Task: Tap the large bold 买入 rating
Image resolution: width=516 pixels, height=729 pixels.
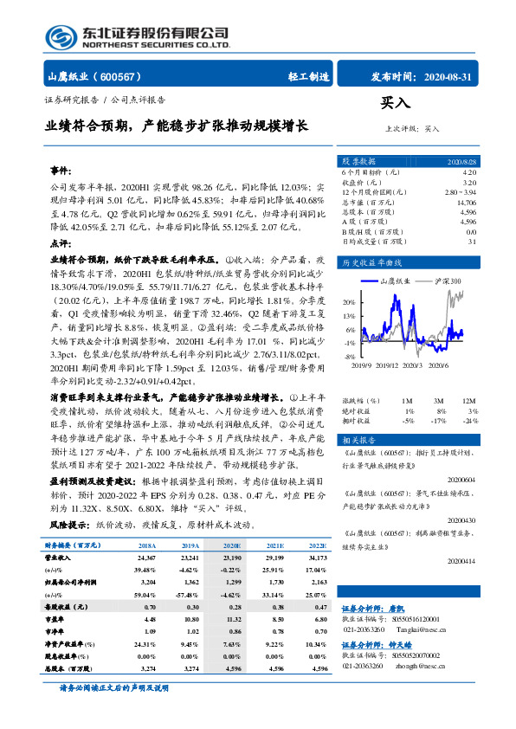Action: pyautogui.click(x=394, y=103)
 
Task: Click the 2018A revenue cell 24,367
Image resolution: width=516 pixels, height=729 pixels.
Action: pyautogui.click(x=144, y=559)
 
